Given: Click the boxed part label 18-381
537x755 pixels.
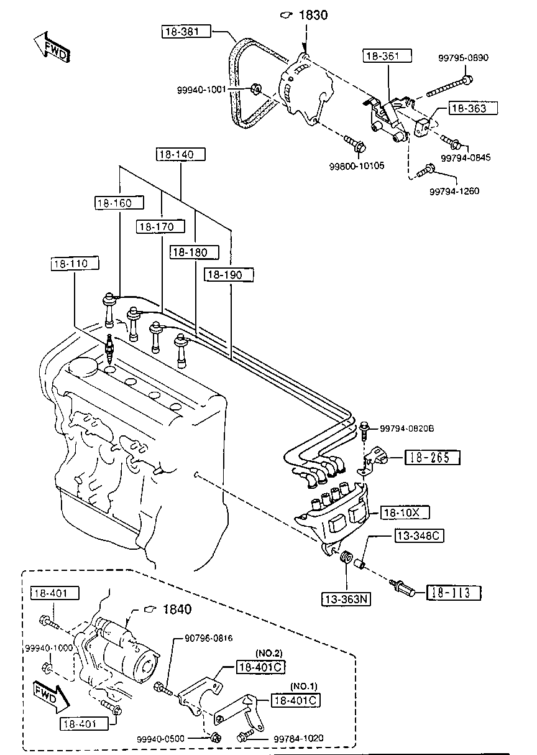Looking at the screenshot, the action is pos(186,31).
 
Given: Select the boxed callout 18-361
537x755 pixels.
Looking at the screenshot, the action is pos(387,55).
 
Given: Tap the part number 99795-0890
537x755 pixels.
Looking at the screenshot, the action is pos(463,58).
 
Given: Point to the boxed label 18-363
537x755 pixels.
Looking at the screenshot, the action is pos(472,108).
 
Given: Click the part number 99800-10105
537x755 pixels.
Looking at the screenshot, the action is pos(357,166).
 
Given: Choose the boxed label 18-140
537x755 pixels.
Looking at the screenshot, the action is pos(181,154).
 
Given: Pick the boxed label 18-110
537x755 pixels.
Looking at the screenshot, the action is pos(75,263).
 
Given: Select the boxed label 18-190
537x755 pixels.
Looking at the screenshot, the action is pos(229,275).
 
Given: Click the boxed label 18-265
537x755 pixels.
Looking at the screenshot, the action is pos(432,457).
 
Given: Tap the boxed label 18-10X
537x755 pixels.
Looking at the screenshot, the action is pos(405,512).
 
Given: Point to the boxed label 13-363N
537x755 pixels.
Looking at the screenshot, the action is pos(346,599).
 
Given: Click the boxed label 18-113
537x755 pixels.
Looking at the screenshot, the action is pos(454,593).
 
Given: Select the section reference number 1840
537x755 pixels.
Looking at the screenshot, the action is pos(177,609).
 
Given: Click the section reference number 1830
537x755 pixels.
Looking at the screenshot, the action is pos(313,15).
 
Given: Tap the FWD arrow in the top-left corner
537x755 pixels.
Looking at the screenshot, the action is pos(52,49).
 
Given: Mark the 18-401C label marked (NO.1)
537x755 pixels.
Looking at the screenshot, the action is pos(296,700).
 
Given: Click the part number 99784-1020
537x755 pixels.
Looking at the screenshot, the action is pos(298,738).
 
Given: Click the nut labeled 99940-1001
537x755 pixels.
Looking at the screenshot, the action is pos(255,89).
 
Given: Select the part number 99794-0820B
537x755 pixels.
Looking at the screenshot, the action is pos(407,428).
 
